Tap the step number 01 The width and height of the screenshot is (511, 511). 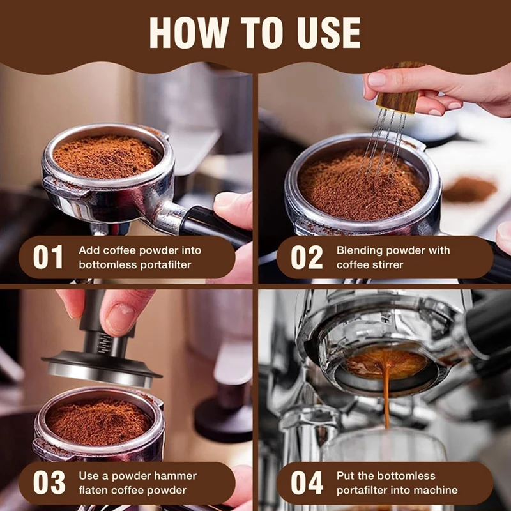point(48,257)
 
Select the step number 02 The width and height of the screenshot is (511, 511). point(307,257)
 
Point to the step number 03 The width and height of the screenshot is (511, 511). point(49,483)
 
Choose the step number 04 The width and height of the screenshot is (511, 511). point(307,483)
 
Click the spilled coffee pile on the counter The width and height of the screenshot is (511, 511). point(469,189)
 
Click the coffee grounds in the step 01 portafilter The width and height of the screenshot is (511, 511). point(106,156)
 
